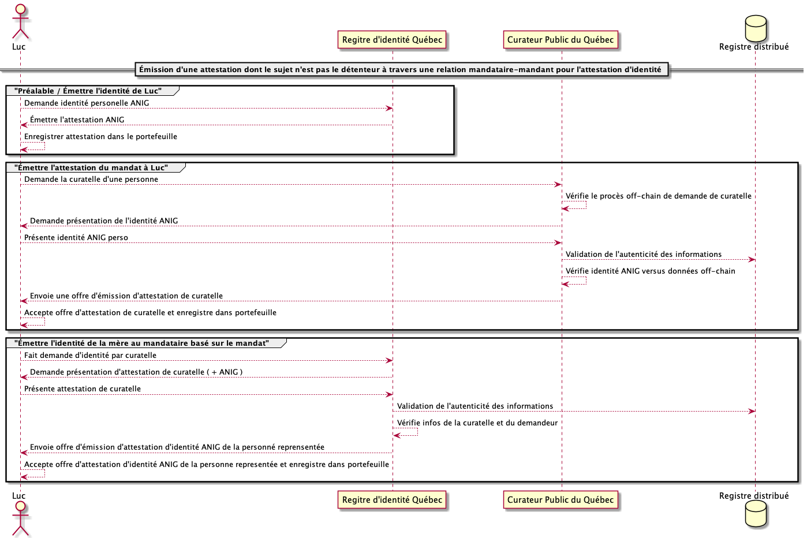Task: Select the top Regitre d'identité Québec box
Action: click(392, 40)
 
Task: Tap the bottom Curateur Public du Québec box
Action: click(561, 500)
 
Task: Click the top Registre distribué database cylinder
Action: click(756, 28)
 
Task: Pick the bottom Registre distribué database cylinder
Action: click(756, 513)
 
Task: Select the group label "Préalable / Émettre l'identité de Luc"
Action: click(88, 91)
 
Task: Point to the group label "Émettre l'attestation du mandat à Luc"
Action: click(91, 168)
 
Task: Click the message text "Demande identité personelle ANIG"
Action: click(87, 103)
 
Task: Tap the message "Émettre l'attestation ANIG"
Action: click(77, 120)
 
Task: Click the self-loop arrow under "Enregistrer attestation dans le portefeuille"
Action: click(33, 147)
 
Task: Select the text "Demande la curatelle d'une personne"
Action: click(91, 180)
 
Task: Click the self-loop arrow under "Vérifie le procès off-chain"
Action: click(574, 206)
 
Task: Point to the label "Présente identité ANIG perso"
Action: click(76, 238)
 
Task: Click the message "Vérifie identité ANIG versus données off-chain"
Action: click(650, 271)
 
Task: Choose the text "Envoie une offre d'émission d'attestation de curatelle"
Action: click(126, 296)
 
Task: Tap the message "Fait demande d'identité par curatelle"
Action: click(90, 356)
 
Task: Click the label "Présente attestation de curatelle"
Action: click(83, 389)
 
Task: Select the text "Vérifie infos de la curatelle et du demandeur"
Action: click(477, 423)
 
